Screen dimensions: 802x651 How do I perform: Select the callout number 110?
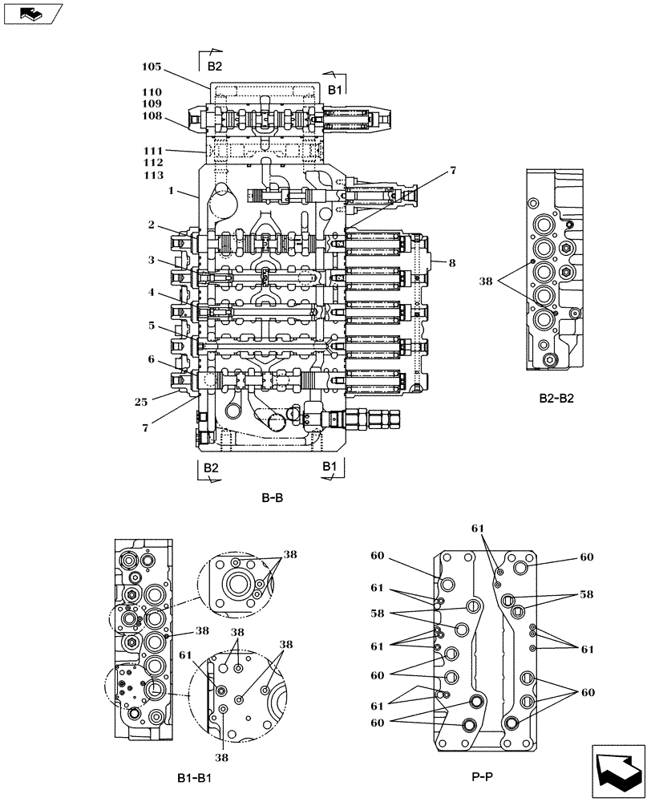(x=152, y=92)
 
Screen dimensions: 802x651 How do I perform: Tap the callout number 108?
(x=152, y=115)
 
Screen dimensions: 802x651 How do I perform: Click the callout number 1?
(x=171, y=191)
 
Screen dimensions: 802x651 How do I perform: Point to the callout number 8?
(x=452, y=261)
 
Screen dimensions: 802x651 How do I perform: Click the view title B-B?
(x=272, y=497)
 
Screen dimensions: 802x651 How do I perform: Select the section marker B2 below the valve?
(x=210, y=467)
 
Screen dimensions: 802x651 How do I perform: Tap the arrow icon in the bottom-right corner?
(x=618, y=770)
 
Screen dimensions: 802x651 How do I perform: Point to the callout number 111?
(x=154, y=151)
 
